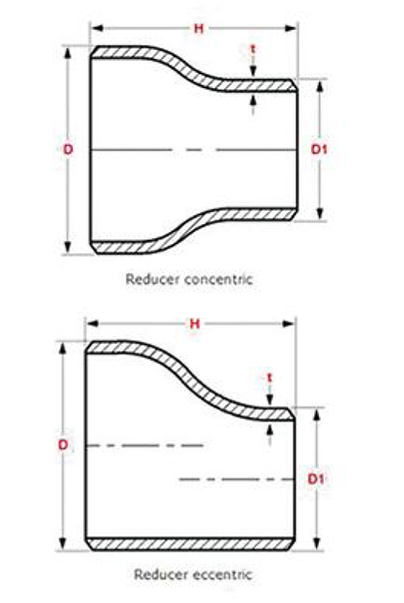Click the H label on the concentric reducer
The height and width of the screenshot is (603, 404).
pos(198,28)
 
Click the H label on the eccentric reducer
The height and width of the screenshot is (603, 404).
pos(195,323)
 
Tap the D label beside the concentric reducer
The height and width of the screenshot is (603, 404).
pos(68,150)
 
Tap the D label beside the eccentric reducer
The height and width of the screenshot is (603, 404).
pos(63,445)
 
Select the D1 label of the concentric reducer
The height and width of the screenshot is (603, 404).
pos(319,150)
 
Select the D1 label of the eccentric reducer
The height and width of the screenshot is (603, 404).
pos(316,480)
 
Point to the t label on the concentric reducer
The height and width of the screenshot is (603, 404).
pos(252,50)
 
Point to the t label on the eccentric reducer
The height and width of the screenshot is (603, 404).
pos(269,378)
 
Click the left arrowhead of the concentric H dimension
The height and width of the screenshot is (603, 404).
pos(97,28)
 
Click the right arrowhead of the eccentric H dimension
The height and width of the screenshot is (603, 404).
pos(289,323)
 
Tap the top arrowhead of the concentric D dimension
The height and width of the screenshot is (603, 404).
pos(68,52)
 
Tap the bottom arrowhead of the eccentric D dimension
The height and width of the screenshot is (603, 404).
pos(63,544)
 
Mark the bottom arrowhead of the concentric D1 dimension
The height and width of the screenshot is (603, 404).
pos(320,213)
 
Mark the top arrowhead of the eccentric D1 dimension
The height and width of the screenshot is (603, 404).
pos(316,414)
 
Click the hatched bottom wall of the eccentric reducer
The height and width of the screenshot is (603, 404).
pos(190,544)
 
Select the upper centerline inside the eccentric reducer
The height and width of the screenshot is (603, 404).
pos(145,446)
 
